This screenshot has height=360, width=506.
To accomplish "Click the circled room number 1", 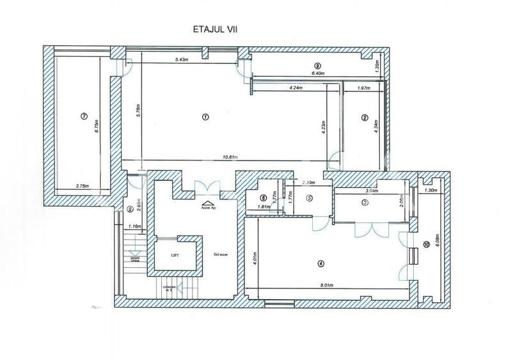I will point(205,116).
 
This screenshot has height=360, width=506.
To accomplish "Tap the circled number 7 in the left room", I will point(84,116).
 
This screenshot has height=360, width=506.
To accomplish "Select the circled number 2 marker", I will point(364,117).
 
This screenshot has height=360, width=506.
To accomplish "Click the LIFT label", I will point(175,254).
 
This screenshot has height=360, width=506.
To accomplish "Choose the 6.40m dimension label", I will point(317,74).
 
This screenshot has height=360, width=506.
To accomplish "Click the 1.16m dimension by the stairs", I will point(134,226).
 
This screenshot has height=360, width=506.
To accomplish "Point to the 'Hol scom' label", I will point(221,254).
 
